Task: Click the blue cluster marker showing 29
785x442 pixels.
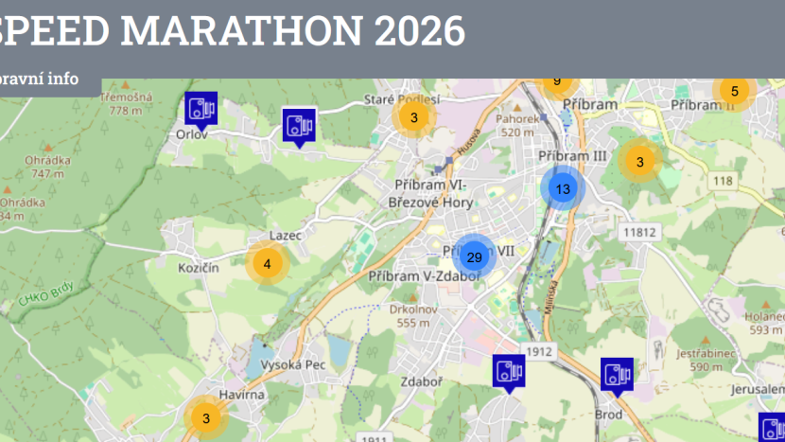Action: point(475,256)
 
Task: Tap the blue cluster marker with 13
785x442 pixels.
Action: point(563,188)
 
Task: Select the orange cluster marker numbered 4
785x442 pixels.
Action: point(268,264)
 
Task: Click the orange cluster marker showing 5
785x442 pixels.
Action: point(734,92)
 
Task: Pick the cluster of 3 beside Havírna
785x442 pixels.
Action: point(206,416)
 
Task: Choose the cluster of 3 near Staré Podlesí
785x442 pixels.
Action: point(414,117)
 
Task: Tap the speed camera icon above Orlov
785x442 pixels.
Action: point(201,108)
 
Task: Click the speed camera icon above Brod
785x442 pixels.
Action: point(618,375)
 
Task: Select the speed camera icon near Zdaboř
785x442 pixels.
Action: point(508,371)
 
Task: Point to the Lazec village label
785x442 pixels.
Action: point(285,234)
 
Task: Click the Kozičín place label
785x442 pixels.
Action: point(199,269)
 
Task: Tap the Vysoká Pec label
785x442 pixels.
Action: point(294,365)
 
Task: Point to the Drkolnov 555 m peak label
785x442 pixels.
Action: point(413,315)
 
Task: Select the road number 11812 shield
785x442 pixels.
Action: point(640,232)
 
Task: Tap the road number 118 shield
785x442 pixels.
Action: point(724,181)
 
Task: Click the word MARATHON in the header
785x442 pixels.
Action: point(240,31)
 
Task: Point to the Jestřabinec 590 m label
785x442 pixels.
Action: point(706,360)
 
